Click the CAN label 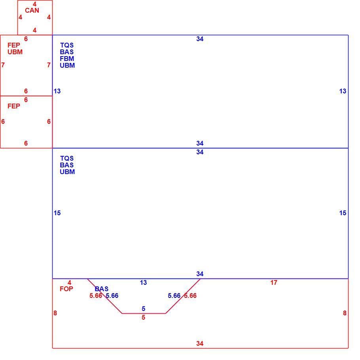32,10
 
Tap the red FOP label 66,289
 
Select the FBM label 67,59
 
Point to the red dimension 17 274,282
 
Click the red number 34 200,343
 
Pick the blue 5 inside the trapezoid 144,309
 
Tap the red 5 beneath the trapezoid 144,318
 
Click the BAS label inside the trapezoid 102,289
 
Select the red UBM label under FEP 15,52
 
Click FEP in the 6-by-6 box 14,106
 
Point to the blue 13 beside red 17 143,282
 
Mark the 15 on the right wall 343,213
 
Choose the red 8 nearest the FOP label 55,313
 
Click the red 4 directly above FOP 69,282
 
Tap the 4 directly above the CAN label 34,4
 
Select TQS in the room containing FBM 67,45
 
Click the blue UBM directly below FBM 67,65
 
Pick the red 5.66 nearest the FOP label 96,296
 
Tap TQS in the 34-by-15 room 67,158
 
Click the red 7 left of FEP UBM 3,65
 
